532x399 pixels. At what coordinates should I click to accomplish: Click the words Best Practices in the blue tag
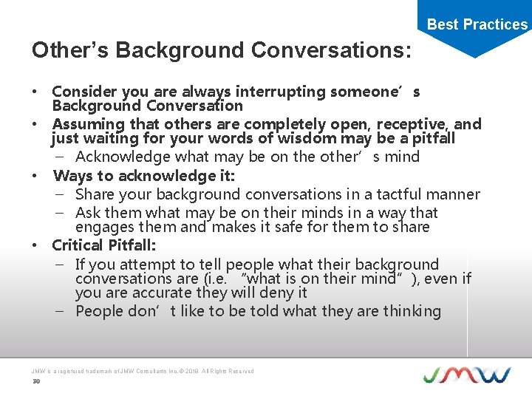(477, 24)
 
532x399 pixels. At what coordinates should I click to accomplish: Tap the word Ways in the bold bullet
(72, 176)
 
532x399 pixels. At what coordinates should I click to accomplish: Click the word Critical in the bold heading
(78, 245)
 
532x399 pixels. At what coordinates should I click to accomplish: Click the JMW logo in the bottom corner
(466, 375)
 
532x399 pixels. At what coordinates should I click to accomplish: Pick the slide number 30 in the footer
(35, 381)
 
